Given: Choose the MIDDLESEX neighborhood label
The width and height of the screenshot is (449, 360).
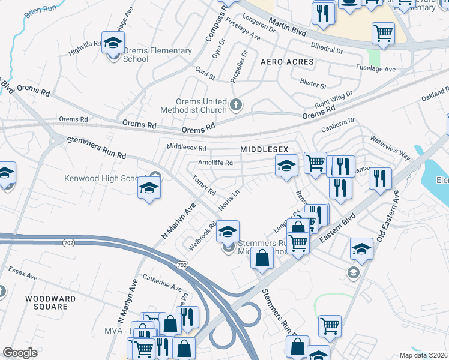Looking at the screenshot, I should [264, 148].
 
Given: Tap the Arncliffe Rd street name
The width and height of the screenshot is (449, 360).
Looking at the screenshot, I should [215, 163].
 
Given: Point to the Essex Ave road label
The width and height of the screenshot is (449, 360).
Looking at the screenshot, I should [23, 277].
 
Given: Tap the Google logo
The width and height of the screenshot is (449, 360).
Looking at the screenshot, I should [19, 353].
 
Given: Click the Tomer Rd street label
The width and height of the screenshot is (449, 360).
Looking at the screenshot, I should [203, 185].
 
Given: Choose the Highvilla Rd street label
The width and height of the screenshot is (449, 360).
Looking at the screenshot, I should [85, 48].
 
